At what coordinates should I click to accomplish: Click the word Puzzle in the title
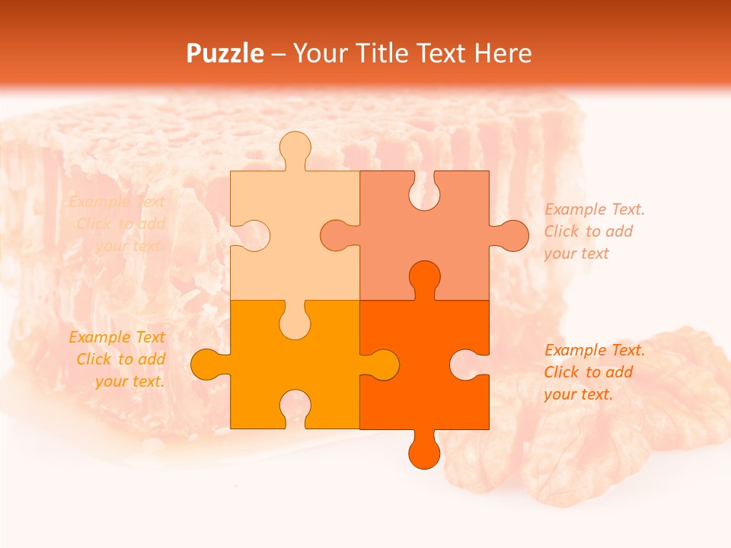point(225,54)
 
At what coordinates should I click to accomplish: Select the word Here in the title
point(503,53)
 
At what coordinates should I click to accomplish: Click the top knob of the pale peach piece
point(295,148)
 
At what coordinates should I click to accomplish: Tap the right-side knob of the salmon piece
point(509,235)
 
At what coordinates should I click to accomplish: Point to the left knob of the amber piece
point(209,365)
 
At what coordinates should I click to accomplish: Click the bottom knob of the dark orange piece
point(424,451)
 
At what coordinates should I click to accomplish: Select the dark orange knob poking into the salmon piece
point(424,279)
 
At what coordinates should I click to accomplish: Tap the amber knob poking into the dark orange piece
point(381,365)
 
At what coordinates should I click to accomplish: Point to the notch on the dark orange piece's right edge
point(468,365)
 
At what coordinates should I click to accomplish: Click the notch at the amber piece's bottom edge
point(295,408)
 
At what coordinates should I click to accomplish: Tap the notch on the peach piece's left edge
point(252,235)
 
